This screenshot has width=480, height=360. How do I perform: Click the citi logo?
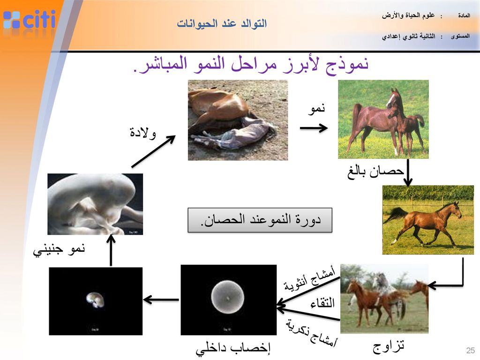coord(29,20)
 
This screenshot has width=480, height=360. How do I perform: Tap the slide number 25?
coord(471,350)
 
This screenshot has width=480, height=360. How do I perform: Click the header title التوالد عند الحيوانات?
coord(222,23)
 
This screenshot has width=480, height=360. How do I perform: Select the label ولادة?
coord(142,132)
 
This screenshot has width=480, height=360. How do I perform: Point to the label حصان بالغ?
coord(375,172)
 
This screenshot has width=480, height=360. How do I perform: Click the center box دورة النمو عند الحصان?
coord(260,220)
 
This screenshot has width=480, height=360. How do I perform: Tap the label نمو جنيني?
coord(59,249)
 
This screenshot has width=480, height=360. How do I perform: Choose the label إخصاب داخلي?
coord(233,348)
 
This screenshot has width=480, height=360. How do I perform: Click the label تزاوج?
coord(388,346)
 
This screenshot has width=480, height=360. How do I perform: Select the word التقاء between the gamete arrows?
coord(322,303)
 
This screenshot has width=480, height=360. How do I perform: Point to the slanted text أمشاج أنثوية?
coord(309,278)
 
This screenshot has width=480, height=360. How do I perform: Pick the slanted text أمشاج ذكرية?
coord(312,333)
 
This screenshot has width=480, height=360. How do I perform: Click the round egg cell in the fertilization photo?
coord(227,297)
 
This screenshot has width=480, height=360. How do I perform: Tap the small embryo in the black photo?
coord(95,300)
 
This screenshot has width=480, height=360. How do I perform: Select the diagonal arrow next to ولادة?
coord(153,151)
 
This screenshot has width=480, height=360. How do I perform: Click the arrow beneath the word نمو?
coord(314,128)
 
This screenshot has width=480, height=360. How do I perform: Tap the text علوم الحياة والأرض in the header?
coord(408,15)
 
